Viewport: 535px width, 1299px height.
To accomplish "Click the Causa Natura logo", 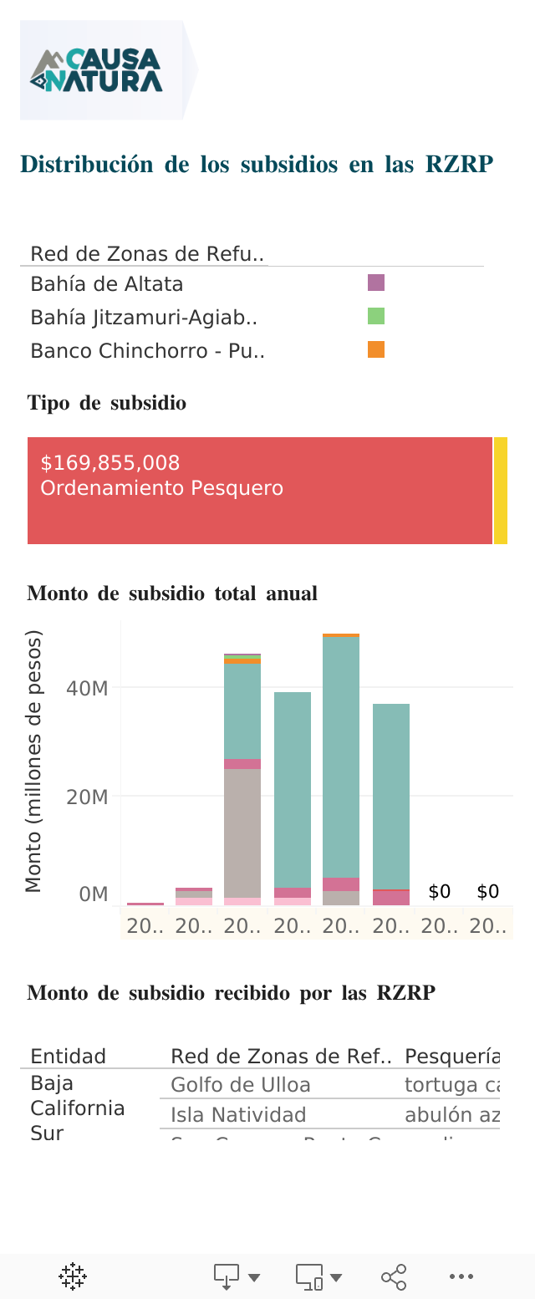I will (x=97, y=70).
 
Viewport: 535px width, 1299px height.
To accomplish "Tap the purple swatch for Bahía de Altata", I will (x=376, y=283).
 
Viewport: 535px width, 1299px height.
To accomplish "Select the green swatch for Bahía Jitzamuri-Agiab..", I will (x=376, y=317).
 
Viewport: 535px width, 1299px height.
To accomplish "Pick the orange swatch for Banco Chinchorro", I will (x=376, y=350).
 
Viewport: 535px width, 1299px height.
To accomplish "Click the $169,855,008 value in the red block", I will (x=110, y=463).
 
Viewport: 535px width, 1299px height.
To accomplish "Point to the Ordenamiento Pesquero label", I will (x=162, y=488).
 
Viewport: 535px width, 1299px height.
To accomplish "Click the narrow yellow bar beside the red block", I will (x=501, y=491).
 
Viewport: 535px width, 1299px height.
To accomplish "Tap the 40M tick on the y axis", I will (x=87, y=688).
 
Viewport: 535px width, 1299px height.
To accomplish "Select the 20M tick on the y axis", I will (x=87, y=797).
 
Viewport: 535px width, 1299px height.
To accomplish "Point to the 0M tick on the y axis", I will (x=93, y=894).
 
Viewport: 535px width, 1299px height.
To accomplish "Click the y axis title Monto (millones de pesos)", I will (x=33, y=761).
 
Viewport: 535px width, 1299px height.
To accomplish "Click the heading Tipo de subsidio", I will (x=107, y=403).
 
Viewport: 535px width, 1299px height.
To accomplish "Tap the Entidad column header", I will (x=69, y=1056).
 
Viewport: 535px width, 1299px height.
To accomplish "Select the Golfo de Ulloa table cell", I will (x=241, y=1085).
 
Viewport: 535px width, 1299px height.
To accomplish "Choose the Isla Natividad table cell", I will (x=238, y=1114).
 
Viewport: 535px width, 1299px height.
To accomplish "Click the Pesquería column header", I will (x=451, y=1056).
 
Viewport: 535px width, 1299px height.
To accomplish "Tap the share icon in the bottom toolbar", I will (x=394, y=1276).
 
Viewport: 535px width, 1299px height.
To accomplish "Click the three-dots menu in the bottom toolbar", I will (x=461, y=1276).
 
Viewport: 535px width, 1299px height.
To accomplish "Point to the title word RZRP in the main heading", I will (x=459, y=165).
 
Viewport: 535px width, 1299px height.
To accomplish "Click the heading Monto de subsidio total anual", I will (x=172, y=593).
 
